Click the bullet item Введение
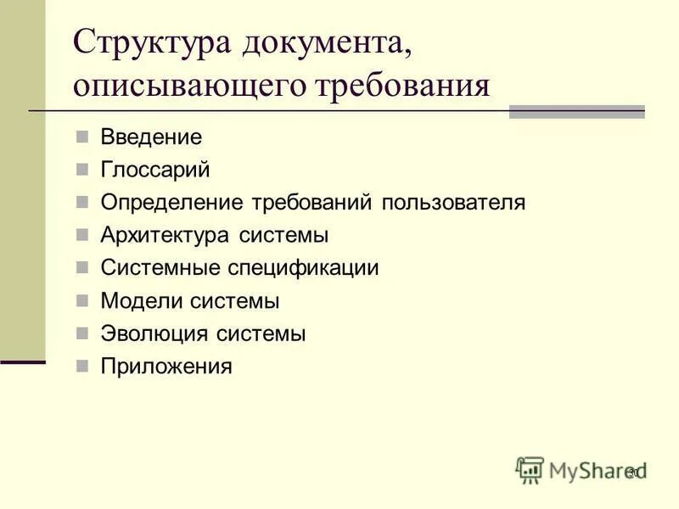click(x=151, y=137)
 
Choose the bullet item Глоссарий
click(x=155, y=170)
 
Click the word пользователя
click(x=453, y=203)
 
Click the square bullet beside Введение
click(x=81, y=137)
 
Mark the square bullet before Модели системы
click(x=81, y=301)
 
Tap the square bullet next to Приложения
click(x=81, y=366)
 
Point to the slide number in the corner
click(x=632, y=472)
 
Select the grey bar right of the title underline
click(x=576, y=111)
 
